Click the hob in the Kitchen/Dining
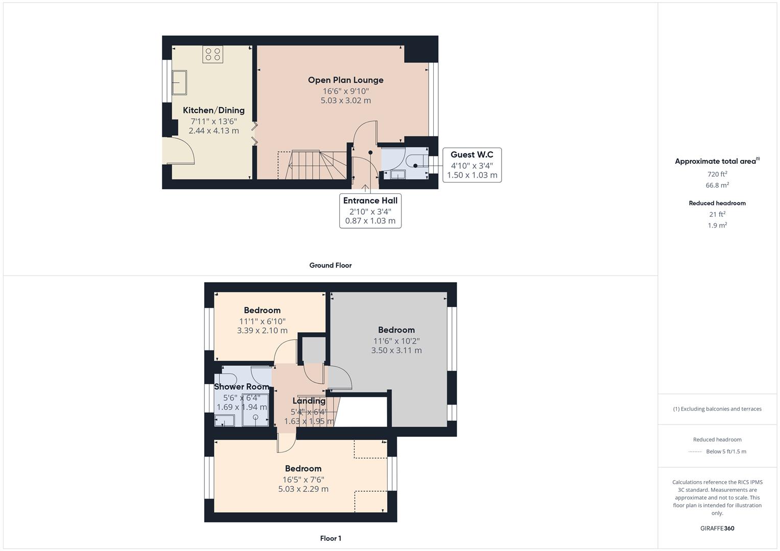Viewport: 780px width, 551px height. (x=212, y=54)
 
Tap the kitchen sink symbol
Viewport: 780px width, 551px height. (x=179, y=83)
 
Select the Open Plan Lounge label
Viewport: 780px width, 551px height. (x=345, y=80)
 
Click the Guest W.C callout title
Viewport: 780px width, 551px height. (x=471, y=155)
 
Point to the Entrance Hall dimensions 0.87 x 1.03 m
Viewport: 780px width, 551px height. (x=370, y=221)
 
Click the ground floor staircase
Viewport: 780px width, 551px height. (x=312, y=165)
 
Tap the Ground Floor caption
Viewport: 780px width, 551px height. (x=330, y=265)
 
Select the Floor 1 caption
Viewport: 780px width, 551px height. (x=330, y=538)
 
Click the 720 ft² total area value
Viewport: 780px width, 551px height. (x=717, y=174)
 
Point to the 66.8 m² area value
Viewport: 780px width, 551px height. (x=717, y=185)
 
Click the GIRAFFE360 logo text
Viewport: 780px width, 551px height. (x=717, y=529)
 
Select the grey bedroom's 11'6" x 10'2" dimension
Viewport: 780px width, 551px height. (x=396, y=341)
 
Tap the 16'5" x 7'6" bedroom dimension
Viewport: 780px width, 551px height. (x=303, y=480)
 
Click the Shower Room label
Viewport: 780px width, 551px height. (x=242, y=387)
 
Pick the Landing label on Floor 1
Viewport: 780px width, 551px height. (x=309, y=401)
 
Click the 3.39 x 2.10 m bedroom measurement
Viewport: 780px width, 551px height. (x=262, y=331)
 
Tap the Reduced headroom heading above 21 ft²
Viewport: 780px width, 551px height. (x=717, y=203)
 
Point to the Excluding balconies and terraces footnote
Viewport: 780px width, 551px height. (x=717, y=409)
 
